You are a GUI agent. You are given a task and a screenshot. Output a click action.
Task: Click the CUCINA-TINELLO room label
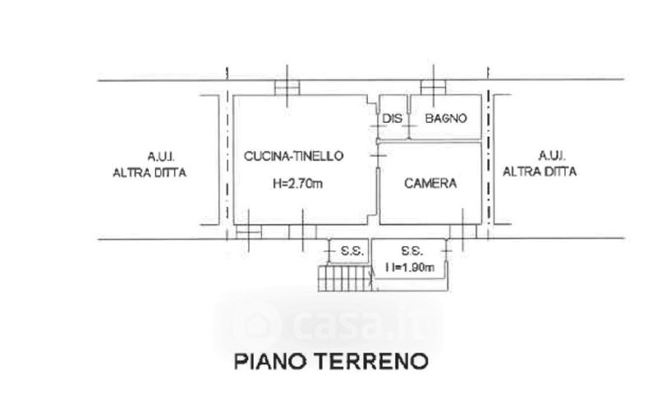click(x=293, y=155)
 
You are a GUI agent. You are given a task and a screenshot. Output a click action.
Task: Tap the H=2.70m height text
click(x=298, y=184)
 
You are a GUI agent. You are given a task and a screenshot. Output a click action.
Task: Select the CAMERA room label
click(x=430, y=184)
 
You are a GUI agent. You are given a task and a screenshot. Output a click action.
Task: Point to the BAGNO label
click(x=446, y=119)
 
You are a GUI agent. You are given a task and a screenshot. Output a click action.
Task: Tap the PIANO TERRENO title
click(x=331, y=361)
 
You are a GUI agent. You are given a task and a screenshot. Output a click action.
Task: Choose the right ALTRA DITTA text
click(x=540, y=172)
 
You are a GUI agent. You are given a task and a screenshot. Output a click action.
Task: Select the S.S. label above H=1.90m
click(x=411, y=250)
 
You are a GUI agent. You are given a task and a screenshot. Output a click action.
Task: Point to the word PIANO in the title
click(x=266, y=361)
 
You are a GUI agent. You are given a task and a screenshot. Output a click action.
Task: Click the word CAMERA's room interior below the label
click(x=430, y=207)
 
